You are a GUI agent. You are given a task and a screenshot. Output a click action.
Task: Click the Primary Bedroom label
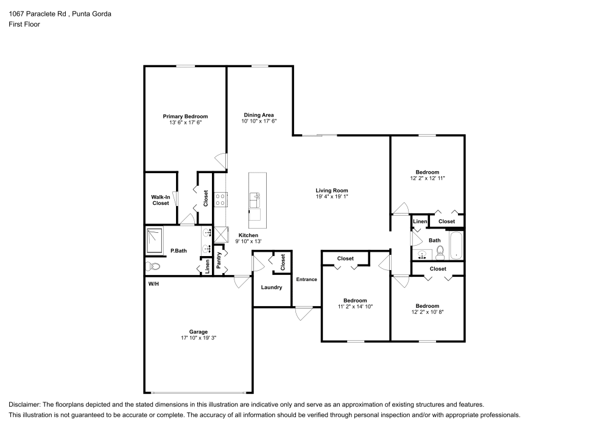point(185,116)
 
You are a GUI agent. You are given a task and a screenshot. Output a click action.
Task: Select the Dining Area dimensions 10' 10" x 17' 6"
point(259,121)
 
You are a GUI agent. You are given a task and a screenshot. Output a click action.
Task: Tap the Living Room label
point(332,190)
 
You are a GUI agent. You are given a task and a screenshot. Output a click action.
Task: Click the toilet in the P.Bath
point(153,266)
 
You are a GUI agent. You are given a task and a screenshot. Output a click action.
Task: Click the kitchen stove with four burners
point(220,198)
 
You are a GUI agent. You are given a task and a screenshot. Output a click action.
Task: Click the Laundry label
point(271,287)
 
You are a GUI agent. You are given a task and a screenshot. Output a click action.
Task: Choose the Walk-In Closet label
point(161,200)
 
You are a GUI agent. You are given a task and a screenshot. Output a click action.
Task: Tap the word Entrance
point(306,279)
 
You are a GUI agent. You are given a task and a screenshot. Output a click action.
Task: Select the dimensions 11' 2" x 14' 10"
point(355,307)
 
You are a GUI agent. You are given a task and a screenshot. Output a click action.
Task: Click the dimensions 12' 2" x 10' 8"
point(427,312)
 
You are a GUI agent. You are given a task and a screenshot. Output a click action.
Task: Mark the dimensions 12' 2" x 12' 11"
point(427,179)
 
